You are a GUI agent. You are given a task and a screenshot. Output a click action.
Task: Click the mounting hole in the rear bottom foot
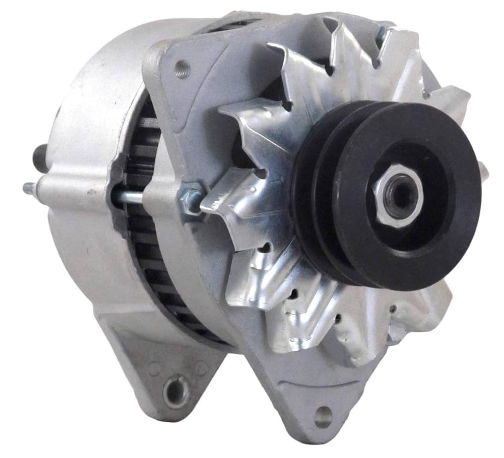[x=177, y=391]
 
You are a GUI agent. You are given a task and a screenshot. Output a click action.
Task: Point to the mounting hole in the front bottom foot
[x=323, y=417]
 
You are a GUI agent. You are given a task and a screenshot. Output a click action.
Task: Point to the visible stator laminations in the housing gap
[x=146, y=226]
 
